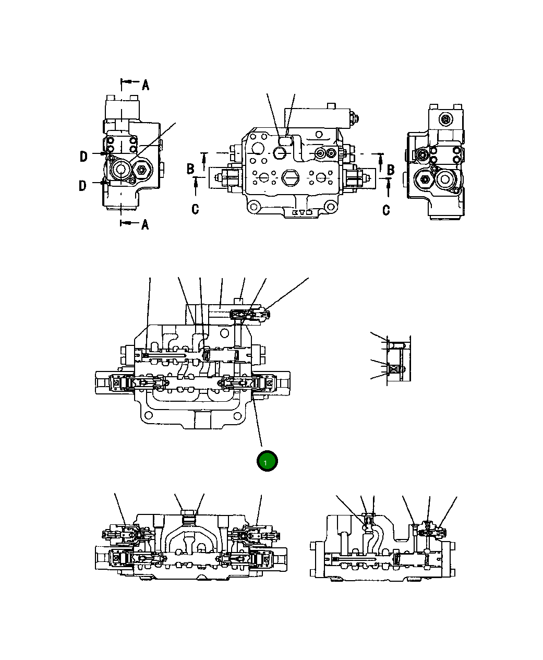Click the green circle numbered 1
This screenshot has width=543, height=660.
point(267,461)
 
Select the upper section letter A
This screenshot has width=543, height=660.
point(146,85)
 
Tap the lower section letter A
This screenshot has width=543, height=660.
point(145,224)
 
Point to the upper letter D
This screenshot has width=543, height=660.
point(83,156)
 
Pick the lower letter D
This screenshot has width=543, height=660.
point(83,186)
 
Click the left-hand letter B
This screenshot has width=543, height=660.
point(191,169)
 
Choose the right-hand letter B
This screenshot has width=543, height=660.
point(391,170)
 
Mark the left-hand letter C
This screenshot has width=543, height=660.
point(195,210)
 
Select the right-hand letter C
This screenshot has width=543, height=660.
point(386,210)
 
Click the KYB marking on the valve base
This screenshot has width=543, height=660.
point(302,213)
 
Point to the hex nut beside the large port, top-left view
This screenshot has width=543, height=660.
point(141,170)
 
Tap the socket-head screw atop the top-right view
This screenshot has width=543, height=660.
point(445,120)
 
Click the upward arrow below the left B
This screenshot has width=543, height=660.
point(196,183)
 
